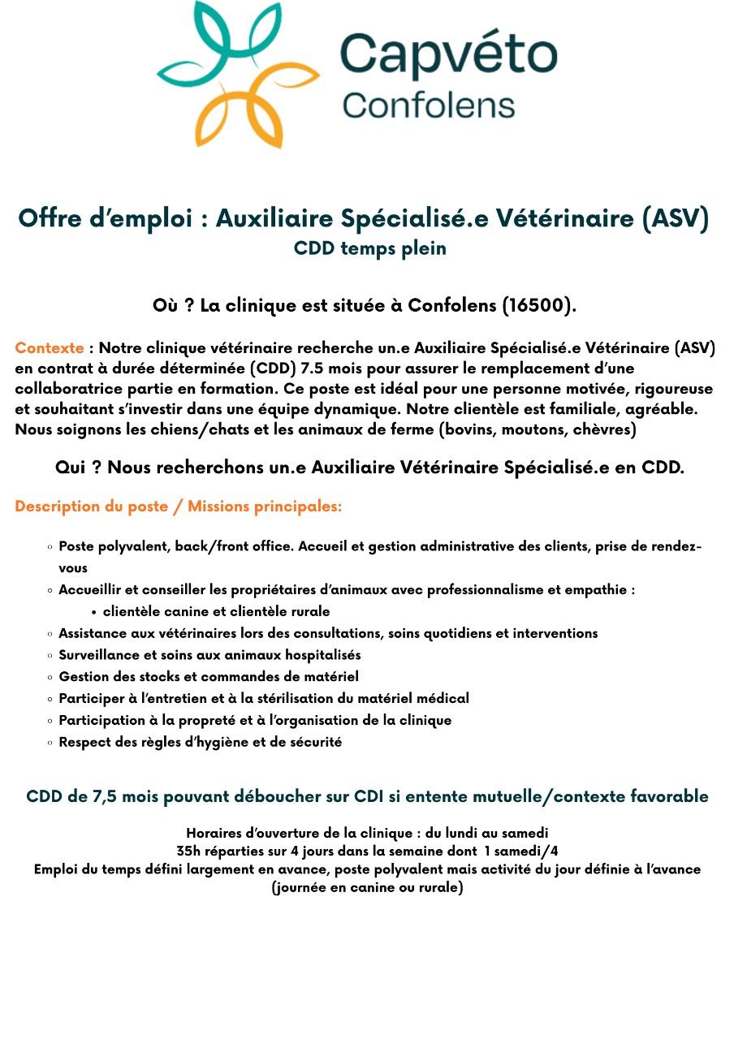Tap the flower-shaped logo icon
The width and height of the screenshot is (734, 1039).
pos(236,74)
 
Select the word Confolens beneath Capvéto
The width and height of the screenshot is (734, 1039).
pos(428,106)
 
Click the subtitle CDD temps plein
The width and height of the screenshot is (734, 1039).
pos(370,248)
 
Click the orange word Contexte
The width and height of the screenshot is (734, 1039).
pos(49,348)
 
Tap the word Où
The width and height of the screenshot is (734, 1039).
pos(166,306)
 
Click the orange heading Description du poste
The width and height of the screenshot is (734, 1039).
pos(96,507)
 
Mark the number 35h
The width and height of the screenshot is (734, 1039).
pos(192,851)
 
